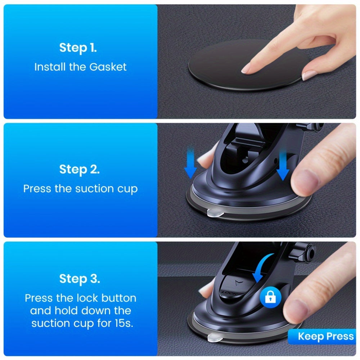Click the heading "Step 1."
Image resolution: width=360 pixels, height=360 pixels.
(x=78, y=48)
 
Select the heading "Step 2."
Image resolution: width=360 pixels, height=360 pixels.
(x=79, y=169)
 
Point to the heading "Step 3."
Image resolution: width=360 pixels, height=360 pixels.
(x=80, y=279)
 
